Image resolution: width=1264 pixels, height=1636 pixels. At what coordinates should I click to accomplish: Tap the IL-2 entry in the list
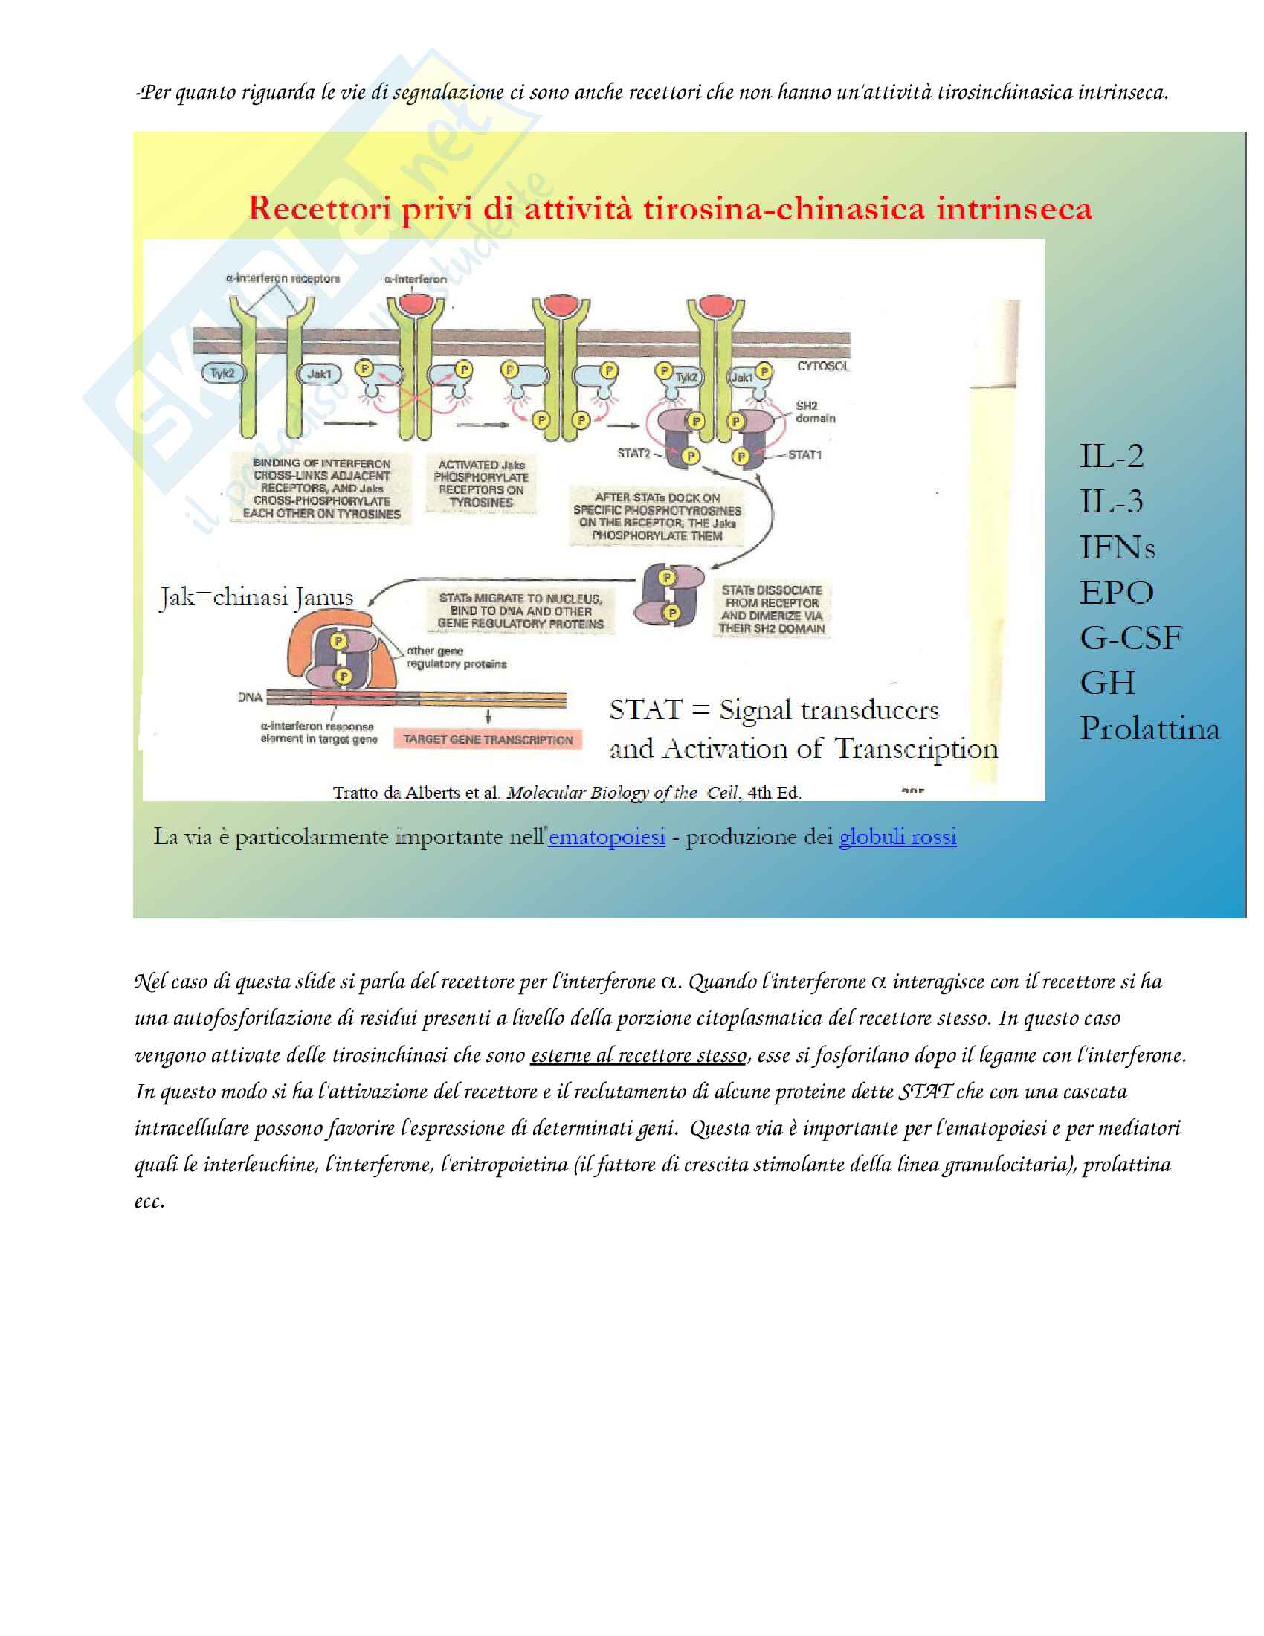[x=1112, y=456]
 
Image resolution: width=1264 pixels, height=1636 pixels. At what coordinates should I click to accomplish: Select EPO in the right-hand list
[x=1116, y=593]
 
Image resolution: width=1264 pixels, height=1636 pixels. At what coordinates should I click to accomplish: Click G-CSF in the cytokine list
[x=1130, y=638]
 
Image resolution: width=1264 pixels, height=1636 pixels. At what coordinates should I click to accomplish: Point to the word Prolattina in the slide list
[x=1149, y=729]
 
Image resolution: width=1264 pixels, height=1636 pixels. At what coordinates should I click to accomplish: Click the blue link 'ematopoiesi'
[x=607, y=837]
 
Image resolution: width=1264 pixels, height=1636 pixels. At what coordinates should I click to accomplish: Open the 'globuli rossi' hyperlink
[x=897, y=837]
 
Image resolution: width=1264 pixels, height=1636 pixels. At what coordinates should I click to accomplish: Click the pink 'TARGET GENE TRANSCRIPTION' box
[x=488, y=740]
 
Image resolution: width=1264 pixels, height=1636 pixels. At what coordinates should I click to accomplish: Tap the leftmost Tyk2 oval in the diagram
[x=222, y=373]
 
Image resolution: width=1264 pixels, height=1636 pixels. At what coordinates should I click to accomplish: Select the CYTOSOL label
[x=823, y=367]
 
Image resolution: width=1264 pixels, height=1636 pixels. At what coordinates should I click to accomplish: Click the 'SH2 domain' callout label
[x=815, y=412]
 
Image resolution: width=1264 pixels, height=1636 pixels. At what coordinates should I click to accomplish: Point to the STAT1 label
[x=804, y=454]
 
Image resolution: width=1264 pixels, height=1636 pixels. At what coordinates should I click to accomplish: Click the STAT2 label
[x=633, y=453]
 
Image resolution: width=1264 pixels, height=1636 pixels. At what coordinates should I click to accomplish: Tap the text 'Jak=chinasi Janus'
[x=256, y=597]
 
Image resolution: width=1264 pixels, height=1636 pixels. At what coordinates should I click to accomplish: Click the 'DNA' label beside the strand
[x=250, y=698]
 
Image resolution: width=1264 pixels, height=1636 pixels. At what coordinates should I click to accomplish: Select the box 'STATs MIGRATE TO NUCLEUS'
[x=520, y=611]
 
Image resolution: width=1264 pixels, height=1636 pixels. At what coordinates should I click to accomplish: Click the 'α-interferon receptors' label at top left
[x=283, y=279]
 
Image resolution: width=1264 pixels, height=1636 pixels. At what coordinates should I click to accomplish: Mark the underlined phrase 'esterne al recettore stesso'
[x=638, y=1055]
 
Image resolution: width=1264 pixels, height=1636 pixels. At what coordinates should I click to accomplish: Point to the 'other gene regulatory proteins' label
[x=456, y=657]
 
